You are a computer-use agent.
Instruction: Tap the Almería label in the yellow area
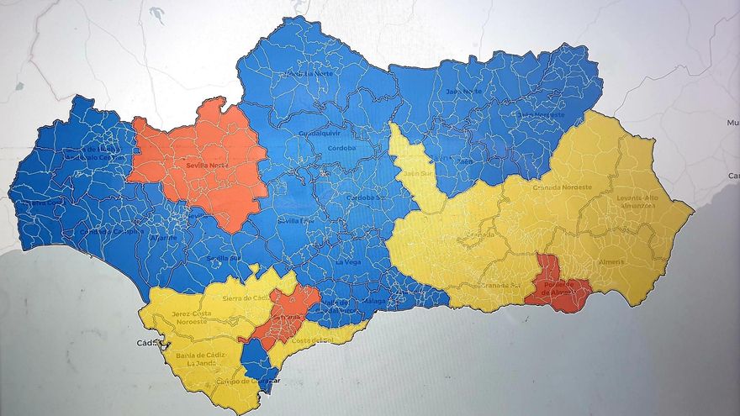tap(611, 261)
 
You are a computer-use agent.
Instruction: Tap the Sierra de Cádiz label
tap(245, 298)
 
